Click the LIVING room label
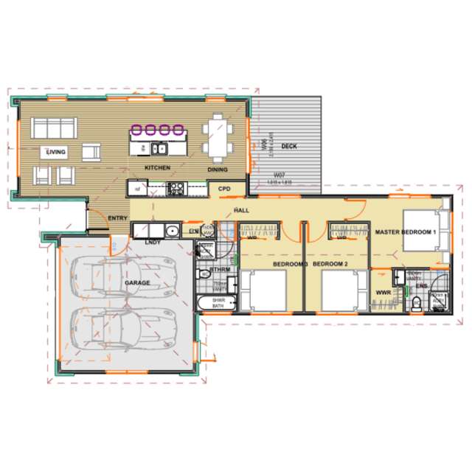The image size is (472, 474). (x=56, y=153)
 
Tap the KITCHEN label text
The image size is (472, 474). (x=157, y=169)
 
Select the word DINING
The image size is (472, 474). (x=217, y=169)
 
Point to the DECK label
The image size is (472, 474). (x=289, y=146)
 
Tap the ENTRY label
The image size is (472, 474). (x=117, y=218)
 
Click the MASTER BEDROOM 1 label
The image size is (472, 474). (x=406, y=231)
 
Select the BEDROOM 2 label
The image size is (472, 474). (x=330, y=263)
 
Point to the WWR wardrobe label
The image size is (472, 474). (x=383, y=293)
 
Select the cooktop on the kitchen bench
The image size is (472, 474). (x=177, y=189)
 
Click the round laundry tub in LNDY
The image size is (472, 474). (x=171, y=231)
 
